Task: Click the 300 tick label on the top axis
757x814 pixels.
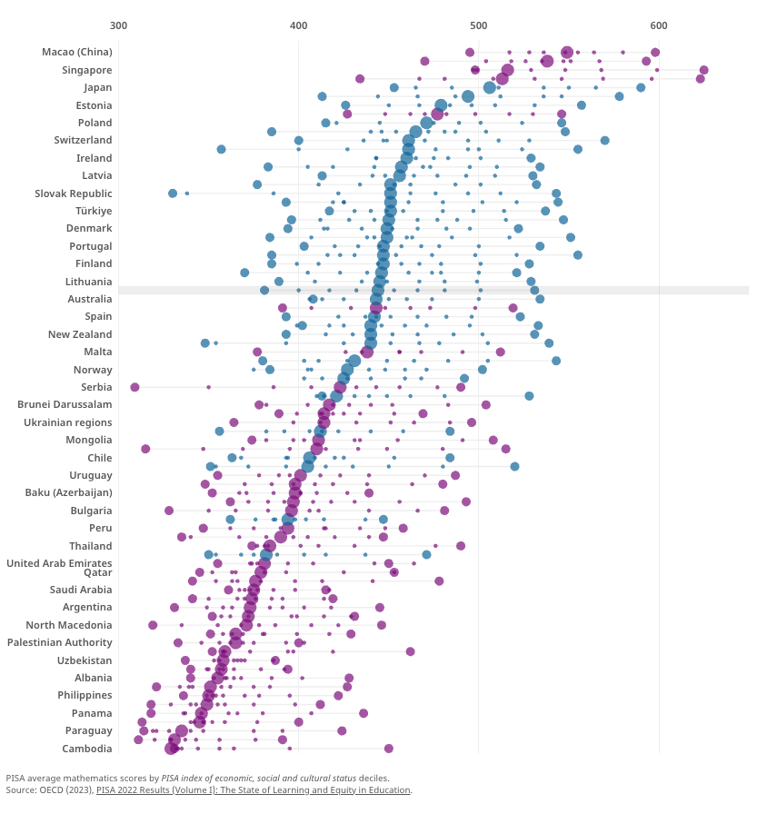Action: tap(118, 25)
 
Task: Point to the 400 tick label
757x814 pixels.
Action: tap(298, 25)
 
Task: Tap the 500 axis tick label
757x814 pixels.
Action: tap(479, 25)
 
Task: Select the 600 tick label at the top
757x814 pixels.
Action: tap(659, 25)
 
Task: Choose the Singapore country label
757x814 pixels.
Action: tap(87, 70)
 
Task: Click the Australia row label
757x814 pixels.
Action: tap(90, 299)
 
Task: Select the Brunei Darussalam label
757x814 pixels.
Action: tap(65, 404)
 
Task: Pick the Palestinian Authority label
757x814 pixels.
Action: tap(60, 642)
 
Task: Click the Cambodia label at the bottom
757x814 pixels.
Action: tap(87, 749)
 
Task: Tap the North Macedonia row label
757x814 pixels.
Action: tap(69, 625)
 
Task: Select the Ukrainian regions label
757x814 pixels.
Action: tap(68, 422)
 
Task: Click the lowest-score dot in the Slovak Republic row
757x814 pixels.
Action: tap(173, 194)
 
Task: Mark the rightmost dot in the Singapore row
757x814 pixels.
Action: tap(703, 70)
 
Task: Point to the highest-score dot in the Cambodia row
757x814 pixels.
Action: tap(389, 749)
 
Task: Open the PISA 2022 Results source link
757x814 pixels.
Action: tap(254, 790)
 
